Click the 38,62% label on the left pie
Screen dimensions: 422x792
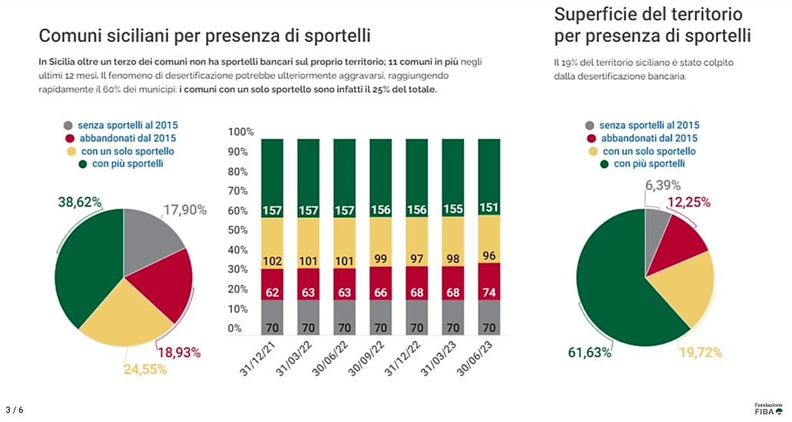coord(80,203)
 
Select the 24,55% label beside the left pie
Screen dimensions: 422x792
coord(145,369)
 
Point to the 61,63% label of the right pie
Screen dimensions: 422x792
coord(590,352)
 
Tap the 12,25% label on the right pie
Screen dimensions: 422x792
coord(688,203)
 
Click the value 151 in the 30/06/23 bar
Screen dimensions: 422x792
coord(489,209)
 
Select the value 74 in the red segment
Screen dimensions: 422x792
coord(489,292)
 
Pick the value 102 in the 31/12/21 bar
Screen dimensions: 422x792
coord(272,261)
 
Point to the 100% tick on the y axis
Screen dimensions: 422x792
coord(240,132)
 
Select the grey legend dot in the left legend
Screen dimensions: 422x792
coord(68,125)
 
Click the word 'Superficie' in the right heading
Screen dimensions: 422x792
coord(595,15)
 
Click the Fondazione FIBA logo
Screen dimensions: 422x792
coord(768,408)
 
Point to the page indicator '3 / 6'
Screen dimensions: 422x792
coord(15,410)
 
